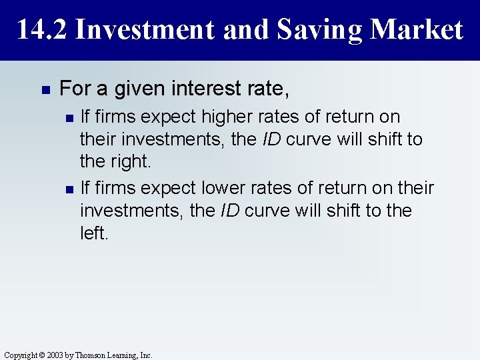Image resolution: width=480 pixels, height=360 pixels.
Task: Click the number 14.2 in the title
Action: (41, 30)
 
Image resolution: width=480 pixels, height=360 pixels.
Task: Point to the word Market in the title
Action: (417, 30)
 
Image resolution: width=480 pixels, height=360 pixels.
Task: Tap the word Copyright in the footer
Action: (21, 355)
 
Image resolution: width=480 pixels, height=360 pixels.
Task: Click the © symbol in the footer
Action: (43, 355)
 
